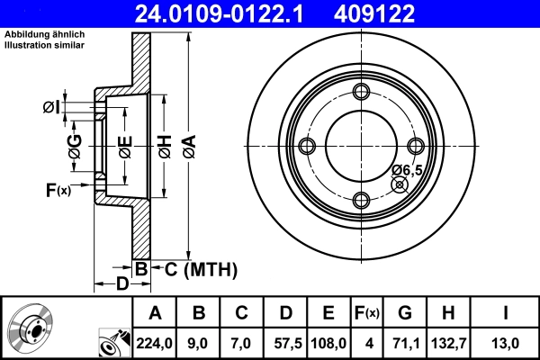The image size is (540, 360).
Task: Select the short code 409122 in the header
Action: [x=403, y=13]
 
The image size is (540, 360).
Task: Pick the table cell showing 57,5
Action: [x=285, y=342]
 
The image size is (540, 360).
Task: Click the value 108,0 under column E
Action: [x=328, y=342]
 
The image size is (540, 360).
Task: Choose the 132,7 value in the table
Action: [x=447, y=342]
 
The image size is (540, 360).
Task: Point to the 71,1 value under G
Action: [x=405, y=342]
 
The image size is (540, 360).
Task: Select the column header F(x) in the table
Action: [x=366, y=314]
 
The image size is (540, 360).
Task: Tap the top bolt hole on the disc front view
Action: [x=362, y=92]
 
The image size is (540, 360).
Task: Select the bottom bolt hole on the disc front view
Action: [x=362, y=201]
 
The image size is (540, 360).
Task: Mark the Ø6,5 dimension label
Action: [x=408, y=170]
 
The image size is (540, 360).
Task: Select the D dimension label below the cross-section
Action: [x=121, y=284]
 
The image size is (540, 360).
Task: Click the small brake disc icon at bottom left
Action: [x=31, y=327]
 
